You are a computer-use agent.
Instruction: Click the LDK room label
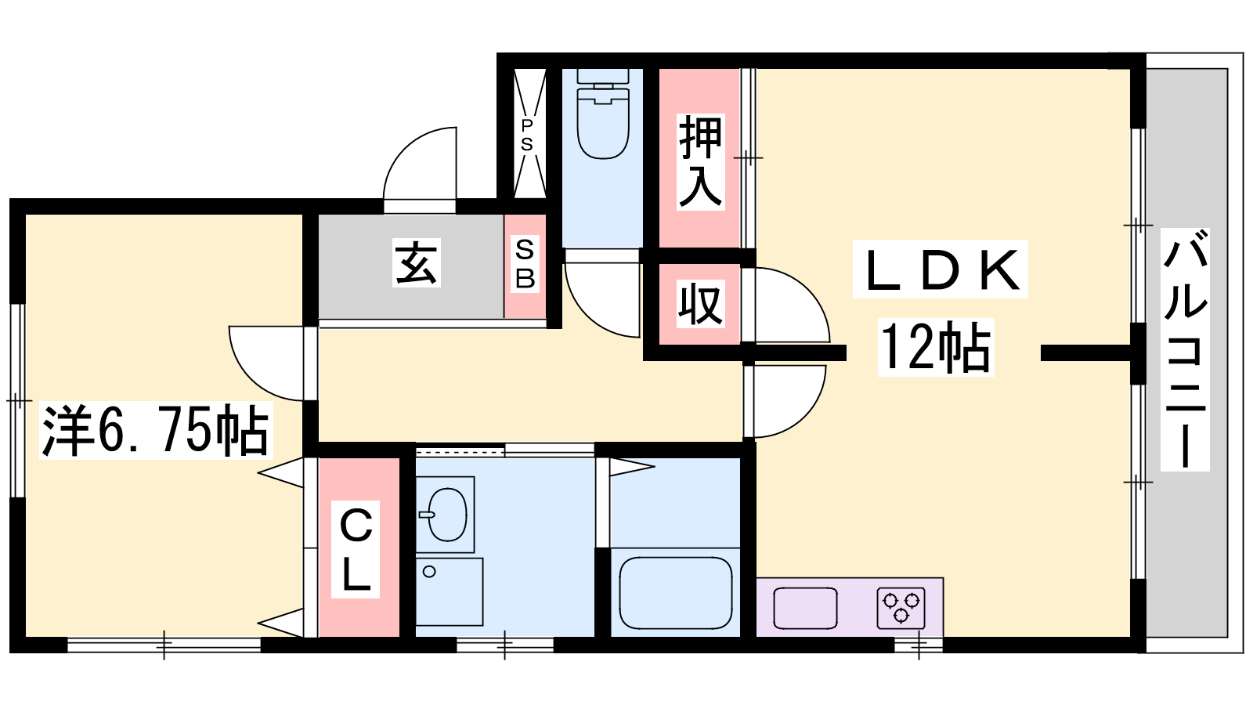(x=941, y=269)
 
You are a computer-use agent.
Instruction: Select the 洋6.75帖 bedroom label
(x=156, y=430)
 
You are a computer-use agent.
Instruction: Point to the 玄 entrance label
(x=416, y=263)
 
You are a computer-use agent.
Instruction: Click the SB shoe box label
(x=525, y=263)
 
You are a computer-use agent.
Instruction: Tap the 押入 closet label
(x=700, y=162)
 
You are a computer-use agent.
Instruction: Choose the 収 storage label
(x=700, y=304)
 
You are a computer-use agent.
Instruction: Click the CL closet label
(x=356, y=550)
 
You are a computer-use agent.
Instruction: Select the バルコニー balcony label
(x=1185, y=349)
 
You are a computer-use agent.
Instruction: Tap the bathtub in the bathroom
(x=676, y=593)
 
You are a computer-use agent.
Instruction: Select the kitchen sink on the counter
(x=806, y=608)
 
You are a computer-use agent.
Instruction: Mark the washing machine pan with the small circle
(x=450, y=591)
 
